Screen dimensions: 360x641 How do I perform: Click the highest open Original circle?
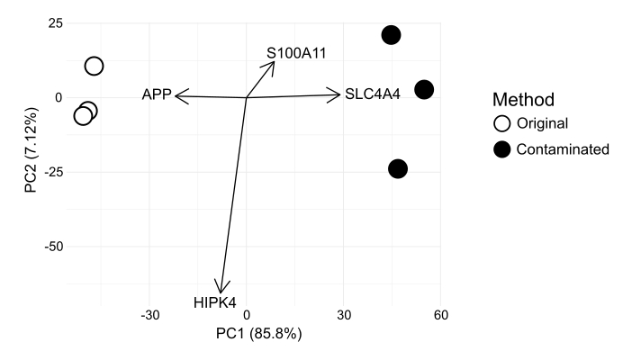[94, 66]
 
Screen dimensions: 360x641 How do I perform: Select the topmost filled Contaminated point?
[391, 35]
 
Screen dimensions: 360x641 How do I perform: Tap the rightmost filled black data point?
[424, 90]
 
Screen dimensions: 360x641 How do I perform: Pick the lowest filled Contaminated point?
[398, 169]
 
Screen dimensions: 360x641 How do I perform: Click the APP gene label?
[156, 94]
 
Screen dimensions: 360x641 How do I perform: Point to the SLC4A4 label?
[372, 94]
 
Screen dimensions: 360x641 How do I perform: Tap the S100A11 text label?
[295, 54]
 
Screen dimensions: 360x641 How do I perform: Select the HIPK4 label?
[214, 302]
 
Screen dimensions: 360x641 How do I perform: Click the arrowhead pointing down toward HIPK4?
[221, 290]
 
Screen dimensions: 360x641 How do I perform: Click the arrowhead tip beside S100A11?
[273, 62]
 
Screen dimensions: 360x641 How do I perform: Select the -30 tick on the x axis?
[149, 316]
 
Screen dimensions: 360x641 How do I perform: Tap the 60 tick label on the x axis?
[440, 316]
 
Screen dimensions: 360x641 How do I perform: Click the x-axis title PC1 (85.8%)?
[258, 335]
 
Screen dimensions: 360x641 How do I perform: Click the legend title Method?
[523, 99]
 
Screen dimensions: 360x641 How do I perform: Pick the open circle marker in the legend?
[502, 123]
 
